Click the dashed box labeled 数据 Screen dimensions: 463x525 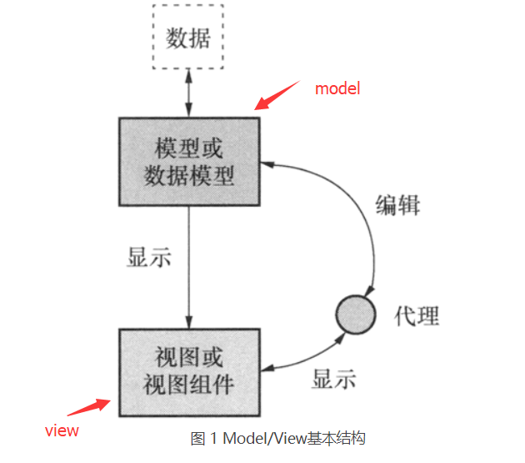coord(188,38)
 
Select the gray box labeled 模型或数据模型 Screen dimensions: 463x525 coord(188,162)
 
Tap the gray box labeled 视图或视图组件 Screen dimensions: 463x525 coord(188,372)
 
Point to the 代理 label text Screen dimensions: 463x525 coord(416,315)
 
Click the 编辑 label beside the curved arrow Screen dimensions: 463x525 coord(397,204)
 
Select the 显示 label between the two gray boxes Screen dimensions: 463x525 coord(149,258)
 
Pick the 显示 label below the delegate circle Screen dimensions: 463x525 coord(334,379)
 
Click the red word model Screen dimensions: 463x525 coord(337,88)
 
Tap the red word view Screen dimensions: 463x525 coord(62,430)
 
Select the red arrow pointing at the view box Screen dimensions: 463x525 coord(88,409)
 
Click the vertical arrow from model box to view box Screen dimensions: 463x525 coord(188,267)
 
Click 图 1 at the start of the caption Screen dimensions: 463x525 coord(202,439)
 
